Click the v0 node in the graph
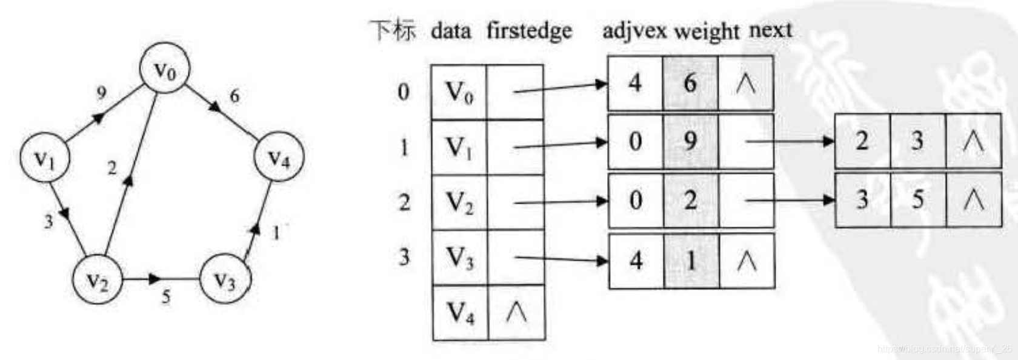164,68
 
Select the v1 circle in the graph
45,158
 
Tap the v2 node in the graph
97,279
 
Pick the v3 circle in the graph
225,279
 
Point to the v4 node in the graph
278,157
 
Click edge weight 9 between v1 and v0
101,92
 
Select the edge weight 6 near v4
235,95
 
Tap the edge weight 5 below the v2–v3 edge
166,296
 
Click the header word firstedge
529,30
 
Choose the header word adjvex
634,30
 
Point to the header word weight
707,30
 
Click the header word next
770,29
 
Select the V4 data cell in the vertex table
460,313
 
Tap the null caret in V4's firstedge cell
516,313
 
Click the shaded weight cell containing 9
690,141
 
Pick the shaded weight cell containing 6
690,83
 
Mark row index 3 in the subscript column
404,258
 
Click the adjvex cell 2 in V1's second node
862,141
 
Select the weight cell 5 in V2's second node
917,199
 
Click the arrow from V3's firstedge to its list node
561,259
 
